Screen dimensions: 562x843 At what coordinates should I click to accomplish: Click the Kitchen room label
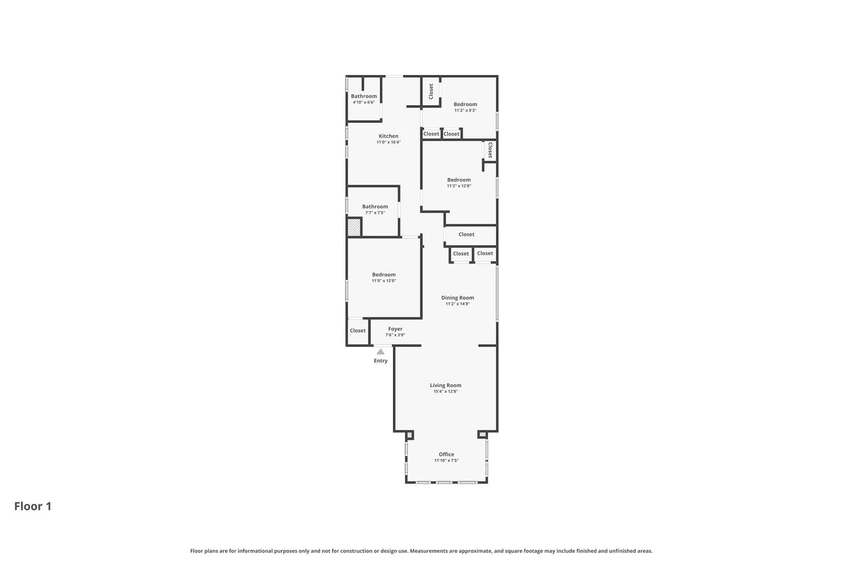coord(388,136)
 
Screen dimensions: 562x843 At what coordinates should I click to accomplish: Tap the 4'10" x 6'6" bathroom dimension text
coord(363,103)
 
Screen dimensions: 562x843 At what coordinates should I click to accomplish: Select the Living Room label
coord(445,386)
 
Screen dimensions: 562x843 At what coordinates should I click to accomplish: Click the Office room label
coord(446,454)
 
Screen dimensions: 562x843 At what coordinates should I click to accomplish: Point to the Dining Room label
coord(457,298)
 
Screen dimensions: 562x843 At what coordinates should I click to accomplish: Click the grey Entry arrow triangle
coord(380,352)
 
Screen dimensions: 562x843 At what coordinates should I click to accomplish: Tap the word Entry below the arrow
coord(380,361)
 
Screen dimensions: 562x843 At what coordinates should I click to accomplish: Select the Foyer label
coord(395,329)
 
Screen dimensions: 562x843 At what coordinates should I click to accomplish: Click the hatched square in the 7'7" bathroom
coord(354,227)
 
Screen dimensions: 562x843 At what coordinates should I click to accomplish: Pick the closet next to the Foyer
coord(357,331)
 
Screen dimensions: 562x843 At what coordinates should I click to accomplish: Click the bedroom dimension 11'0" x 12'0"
coord(384,281)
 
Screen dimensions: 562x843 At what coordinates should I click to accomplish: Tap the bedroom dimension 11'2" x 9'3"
coord(465,110)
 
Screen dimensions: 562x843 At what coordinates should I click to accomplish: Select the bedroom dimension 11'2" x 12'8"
coord(458,186)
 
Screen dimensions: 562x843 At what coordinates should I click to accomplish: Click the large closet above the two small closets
coord(466,235)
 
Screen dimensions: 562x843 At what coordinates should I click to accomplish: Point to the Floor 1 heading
coord(33,506)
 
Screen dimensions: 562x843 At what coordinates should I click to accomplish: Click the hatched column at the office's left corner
coord(410,435)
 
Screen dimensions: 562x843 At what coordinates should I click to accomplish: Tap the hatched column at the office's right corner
coord(482,435)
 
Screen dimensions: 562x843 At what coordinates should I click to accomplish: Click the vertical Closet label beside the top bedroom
coord(431,92)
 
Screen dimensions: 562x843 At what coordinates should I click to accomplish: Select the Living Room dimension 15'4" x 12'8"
coord(445,392)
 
